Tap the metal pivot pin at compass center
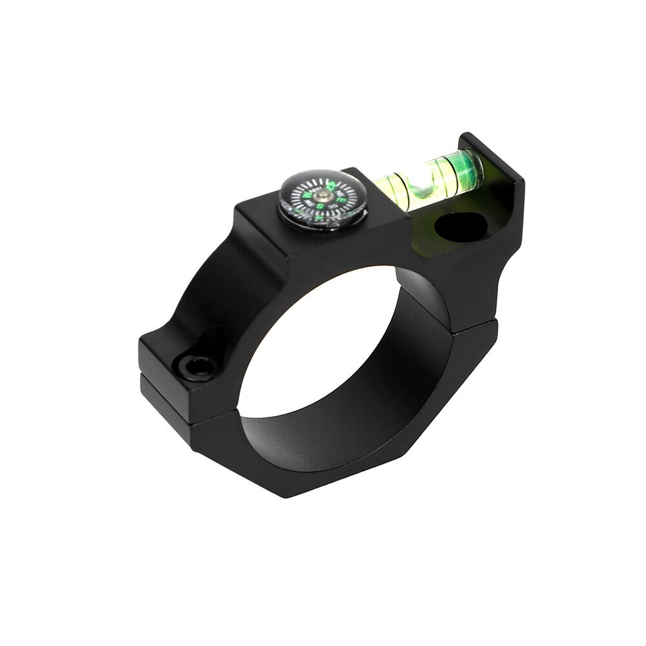(x=322, y=195)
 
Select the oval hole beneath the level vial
(x=460, y=227)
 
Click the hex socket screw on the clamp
(x=197, y=367)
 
